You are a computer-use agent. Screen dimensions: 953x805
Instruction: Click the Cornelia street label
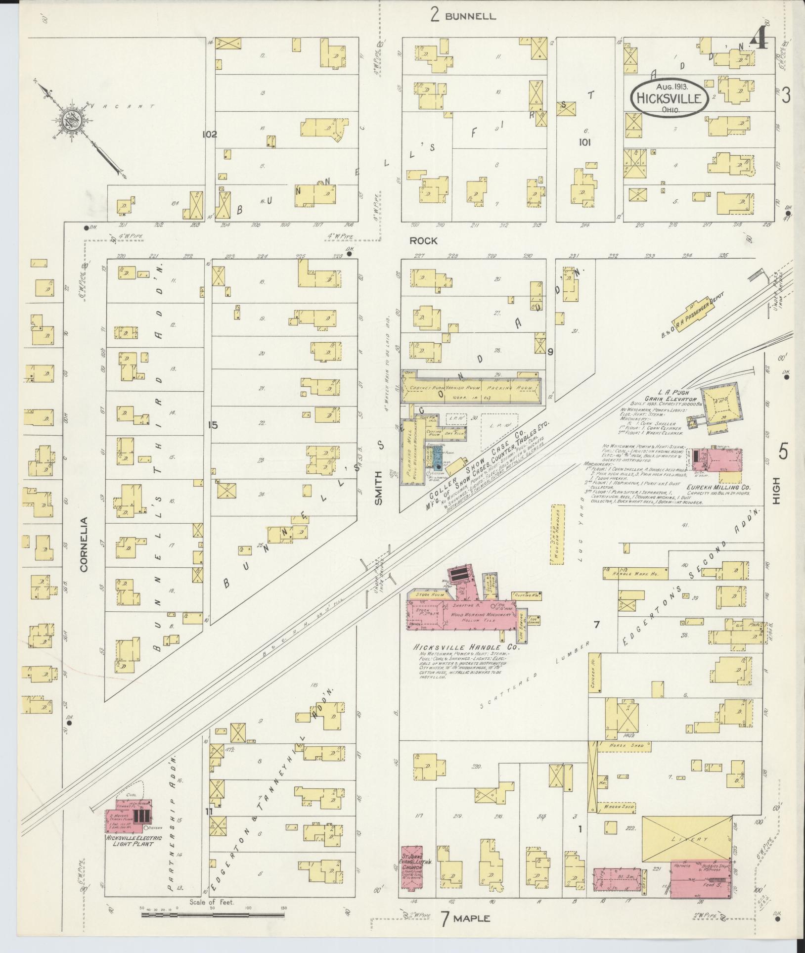coord(84,545)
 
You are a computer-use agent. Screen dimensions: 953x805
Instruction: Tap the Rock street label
coord(423,241)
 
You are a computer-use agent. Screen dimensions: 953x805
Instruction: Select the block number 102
coord(210,134)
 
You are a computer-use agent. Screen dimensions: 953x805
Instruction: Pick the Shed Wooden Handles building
coord(557,535)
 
